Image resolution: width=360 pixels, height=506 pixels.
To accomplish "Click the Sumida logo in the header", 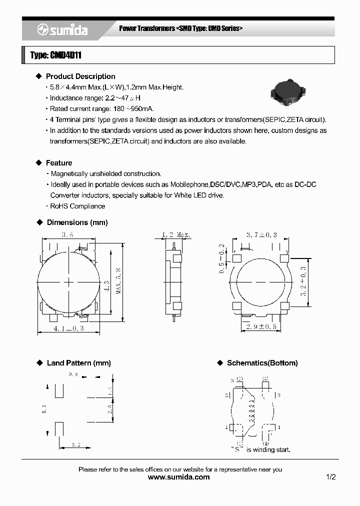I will click(x=62, y=30).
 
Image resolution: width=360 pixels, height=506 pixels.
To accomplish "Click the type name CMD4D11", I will click(x=55, y=55).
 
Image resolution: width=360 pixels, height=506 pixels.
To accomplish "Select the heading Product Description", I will click(x=80, y=76).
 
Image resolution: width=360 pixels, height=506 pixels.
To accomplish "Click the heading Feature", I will click(x=58, y=163).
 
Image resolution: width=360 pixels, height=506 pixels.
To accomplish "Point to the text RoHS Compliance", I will click(x=77, y=206).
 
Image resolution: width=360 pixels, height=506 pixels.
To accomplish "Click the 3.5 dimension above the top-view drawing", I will click(x=68, y=234).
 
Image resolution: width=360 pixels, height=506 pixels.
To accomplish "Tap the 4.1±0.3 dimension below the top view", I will click(x=68, y=328).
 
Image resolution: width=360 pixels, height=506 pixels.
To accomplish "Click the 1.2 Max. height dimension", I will click(x=176, y=234).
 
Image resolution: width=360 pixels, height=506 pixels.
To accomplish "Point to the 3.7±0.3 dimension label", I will click(x=262, y=234).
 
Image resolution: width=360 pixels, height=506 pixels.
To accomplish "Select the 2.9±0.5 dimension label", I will click(x=262, y=326).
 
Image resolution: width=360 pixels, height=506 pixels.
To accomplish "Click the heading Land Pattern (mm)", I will click(x=78, y=363).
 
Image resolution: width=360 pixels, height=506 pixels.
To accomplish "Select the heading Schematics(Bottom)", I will click(x=262, y=363).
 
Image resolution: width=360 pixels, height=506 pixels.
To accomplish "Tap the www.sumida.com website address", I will click(x=179, y=477).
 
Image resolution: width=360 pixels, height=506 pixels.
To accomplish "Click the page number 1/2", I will click(x=330, y=477).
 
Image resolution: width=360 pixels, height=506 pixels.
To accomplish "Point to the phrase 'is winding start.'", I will click(x=268, y=449).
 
